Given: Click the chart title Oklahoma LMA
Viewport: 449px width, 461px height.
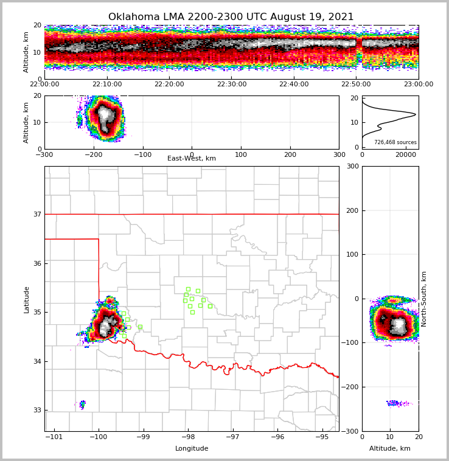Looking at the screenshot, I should tap(231, 17).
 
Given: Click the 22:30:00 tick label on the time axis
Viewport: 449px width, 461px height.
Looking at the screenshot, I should tap(231, 85).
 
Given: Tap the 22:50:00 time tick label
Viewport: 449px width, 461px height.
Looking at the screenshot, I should tap(356, 85).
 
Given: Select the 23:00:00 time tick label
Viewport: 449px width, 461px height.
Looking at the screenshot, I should tap(418, 85).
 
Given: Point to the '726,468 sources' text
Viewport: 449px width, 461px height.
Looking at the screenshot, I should tap(395, 142).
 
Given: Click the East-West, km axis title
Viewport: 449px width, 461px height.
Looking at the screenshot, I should tap(192, 159).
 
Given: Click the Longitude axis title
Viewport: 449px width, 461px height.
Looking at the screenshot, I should tap(192, 449).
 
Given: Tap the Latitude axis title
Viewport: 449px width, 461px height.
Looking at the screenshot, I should tap(27, 299).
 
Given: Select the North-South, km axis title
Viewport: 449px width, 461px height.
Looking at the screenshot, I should tap(425, 299).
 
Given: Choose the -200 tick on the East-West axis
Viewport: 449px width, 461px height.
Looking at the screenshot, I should tap(94, 154).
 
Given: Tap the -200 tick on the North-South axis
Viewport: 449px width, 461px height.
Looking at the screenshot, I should tap(351, 387).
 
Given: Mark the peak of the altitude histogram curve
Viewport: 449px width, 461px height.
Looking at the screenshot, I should tap(416, 114).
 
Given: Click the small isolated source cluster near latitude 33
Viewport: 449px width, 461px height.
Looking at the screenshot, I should tap(82, 403).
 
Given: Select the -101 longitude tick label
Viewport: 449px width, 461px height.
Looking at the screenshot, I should tap(54, 437).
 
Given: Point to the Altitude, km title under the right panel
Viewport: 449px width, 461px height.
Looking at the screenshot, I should tap(390, 449).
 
